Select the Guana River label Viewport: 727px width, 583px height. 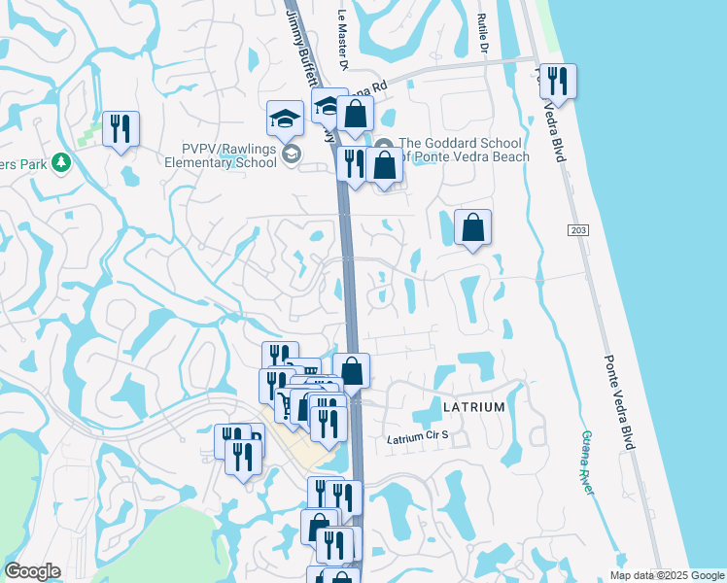pyautogui.click(x=587, y=463)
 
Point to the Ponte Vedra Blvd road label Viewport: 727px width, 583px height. pyautogui.click(x=618, y=402)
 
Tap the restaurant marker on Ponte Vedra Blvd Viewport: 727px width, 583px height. pyautogui.click(x=558, y=81)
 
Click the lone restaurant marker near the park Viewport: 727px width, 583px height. pyautogui.click(x=121, y=128)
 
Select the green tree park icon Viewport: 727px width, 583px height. pyautogui.click(x=61, y=162)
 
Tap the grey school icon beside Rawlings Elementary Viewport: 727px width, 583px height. pyautogui.click(x=291, y=154)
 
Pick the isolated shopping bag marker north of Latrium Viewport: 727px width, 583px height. pyautogui.click(x=472, y=227)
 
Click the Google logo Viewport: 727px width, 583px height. pyautogui.click(x=32, y=571)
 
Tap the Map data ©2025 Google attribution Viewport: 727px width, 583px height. pyautogui.click(x=667, y=575)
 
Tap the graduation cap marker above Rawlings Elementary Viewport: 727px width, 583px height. pyautogui.click(x=285, y=119)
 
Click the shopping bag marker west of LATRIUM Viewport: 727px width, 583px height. pyautogui.click(x=351, y=370)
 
